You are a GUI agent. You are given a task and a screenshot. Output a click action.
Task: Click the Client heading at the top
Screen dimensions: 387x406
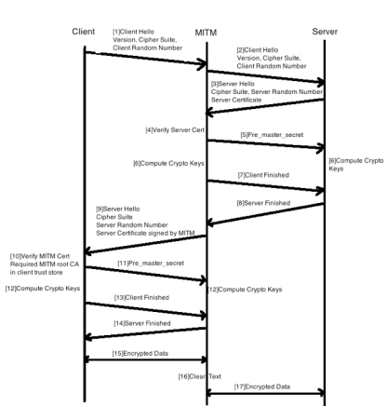tap(84, 32)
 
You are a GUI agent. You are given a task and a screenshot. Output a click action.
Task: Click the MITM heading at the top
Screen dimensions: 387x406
tap(206, 33)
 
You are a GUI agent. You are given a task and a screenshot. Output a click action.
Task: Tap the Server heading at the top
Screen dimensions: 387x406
tap(325, 32)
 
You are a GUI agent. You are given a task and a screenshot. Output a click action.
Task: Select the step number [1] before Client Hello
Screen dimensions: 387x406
tap(116, 32)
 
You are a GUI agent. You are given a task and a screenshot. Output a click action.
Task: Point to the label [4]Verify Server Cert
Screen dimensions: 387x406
tap(175, 130)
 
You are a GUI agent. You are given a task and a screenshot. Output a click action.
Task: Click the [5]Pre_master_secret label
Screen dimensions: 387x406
tap(272, 135)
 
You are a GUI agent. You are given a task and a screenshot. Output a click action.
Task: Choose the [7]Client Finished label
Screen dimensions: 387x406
tap(263, 175)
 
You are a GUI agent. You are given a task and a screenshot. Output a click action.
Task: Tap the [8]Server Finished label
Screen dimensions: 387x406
tap(263, 203)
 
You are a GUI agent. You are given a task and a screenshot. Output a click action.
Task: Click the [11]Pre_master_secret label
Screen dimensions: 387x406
tap(151, 264)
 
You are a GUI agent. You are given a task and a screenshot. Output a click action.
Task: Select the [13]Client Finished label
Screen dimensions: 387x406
tap(141, 297)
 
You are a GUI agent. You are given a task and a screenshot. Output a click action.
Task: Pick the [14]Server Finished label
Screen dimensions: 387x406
tap(142, 323)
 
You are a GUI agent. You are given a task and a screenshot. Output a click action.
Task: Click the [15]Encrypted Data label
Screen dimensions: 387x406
tap(140, 354)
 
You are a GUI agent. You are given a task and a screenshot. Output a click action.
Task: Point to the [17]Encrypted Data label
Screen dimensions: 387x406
tap(262, 386)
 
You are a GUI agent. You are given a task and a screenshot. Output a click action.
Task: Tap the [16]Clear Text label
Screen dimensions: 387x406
tap(200, 376)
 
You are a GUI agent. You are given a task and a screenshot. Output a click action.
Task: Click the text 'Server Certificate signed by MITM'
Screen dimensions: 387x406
tap(145, 233)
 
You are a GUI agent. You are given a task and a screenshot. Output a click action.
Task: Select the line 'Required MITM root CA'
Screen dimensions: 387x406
tap(45, 264)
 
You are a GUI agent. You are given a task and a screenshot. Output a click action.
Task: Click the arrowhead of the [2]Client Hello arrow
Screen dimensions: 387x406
tap(320, 83)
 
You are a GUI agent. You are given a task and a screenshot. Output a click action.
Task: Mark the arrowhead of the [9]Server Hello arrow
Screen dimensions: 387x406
tap(89, 251)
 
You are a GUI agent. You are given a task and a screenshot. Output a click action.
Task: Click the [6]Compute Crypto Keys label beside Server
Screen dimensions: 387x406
tap(356, 165)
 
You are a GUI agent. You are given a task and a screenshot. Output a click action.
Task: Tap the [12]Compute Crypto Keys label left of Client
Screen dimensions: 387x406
tap(43, 289)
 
